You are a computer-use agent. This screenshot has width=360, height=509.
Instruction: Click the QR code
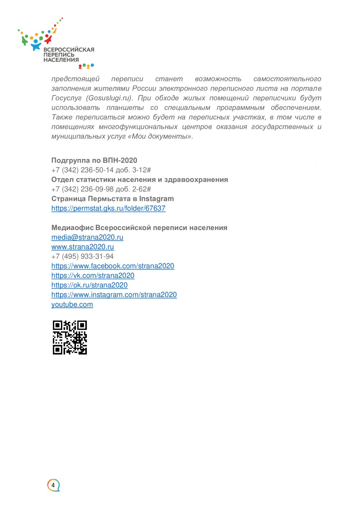click(x=70, y=337)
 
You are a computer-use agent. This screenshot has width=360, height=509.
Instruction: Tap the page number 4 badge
click(x=53, y=485)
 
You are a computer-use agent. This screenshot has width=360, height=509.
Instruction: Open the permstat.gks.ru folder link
click(x=108, y=208)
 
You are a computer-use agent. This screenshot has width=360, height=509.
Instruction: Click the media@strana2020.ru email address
click(x=87, y=237)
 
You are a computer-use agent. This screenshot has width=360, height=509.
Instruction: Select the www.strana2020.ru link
click(x=82, y=247)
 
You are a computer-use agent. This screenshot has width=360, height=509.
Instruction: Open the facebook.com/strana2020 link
click(x=113, y=266)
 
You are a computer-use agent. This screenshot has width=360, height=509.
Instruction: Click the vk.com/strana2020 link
click(x=93, y=276)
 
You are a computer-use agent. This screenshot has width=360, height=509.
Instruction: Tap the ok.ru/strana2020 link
click(x=89, y=285)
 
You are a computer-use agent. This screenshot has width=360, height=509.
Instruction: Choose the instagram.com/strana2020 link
click(x=114, y=295)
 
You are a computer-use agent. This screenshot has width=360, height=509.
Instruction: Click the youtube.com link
click(x=72, y=305)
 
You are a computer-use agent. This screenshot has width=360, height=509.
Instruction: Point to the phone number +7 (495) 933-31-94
click(x=82, y=256)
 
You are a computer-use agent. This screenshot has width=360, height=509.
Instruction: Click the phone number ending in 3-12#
click(x=101, y=170)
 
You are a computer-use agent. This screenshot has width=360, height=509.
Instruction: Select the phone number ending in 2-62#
click(x=101, y=189)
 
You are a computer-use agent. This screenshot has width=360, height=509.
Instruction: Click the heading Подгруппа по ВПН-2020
click(x=94, y=161)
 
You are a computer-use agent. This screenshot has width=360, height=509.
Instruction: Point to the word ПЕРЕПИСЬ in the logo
click(x=59, y=55)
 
